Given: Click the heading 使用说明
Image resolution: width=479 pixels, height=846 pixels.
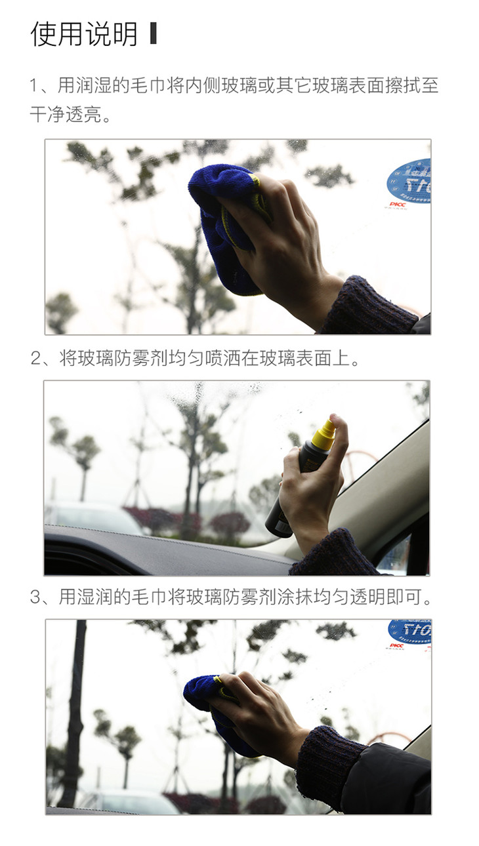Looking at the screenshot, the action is coord(83,34).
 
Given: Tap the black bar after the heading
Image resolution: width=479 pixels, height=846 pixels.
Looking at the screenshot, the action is coord(153,33).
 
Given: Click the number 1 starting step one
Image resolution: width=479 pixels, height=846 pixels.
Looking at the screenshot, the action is coord(33,85).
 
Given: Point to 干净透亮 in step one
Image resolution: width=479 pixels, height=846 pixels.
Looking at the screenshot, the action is coord(66,113).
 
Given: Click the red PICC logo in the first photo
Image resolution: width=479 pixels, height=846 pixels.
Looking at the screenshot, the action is coord(398,205).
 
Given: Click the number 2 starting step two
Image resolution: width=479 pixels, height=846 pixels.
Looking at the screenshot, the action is coord(35,358).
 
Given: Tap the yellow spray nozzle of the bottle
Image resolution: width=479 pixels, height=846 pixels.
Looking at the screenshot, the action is coord(325,434).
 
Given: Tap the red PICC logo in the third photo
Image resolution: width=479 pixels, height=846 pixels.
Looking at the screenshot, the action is coord(396,645).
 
